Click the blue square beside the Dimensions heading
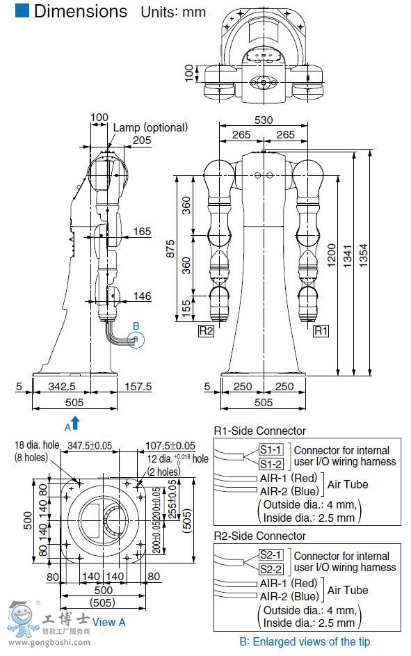click(x=22, y=10)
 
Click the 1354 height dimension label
click(x=363, y=255)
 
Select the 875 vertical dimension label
click(x=170, y=248)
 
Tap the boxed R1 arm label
click(x=321, y=330)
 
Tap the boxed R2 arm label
click(x=206, y=330)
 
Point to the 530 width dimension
click(x=264, y=120)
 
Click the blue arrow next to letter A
click(x=75, y=423)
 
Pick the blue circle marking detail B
click(x=136, y=339)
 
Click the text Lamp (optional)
click(x=150, y=127)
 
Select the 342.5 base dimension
click(x=62, y=386)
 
